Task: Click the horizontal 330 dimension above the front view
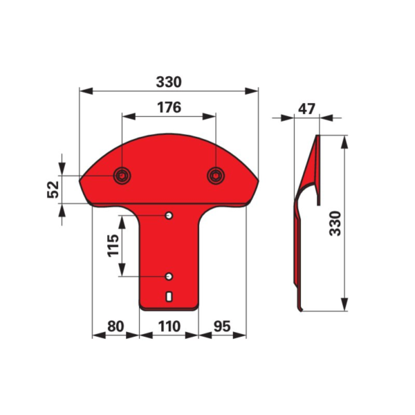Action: click(x=169, y=82)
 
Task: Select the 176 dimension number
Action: click(x=169, y=107)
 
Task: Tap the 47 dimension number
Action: click(x=306, y=109)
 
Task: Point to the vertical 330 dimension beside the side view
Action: click(x=336, y=223)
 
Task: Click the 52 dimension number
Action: click(x=53, y=190)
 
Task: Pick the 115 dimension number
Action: click(x=113, y=245)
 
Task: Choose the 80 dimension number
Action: click(x=116, y=326)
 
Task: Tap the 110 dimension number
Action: click(x=169, y=326)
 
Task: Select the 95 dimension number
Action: click(x=222, y=326)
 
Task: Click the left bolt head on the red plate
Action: click(x=122, y=176)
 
